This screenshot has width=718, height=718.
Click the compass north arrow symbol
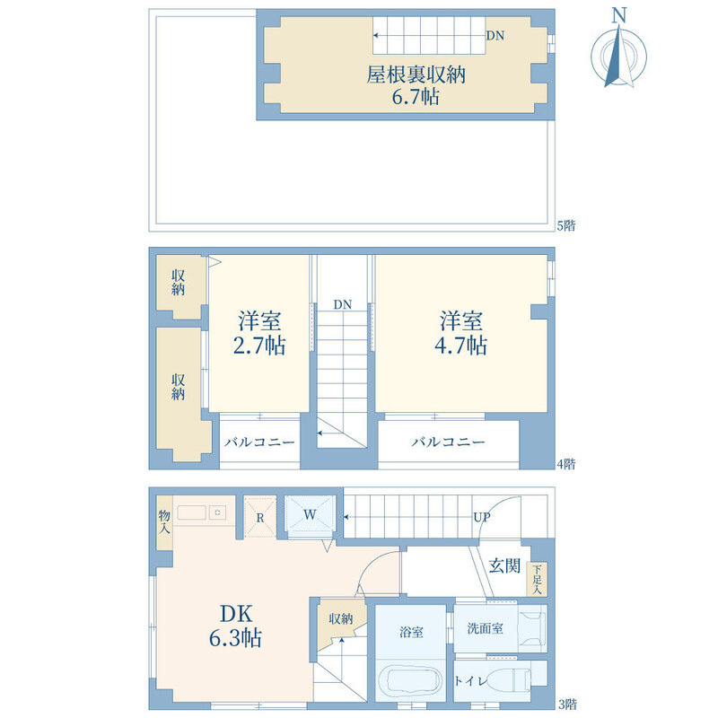(618, 55)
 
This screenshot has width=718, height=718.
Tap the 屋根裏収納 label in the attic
(416, 75)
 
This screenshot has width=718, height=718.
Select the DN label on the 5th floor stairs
(495, 36)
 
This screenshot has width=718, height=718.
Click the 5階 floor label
(566, 226)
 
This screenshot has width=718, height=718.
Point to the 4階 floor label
(566, 464)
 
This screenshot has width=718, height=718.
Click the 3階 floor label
(567, 704)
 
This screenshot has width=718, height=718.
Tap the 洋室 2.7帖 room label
(259, 333)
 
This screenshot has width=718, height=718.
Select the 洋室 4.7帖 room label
(460, 333)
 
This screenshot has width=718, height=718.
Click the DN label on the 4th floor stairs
(343, 304)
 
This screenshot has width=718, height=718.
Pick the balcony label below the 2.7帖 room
(259, 442)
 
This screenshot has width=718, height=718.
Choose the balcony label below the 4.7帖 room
(448, 442)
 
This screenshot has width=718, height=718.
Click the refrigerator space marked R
(260, 517)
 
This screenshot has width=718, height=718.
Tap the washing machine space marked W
(310, 514)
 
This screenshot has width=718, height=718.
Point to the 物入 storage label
(164, 522)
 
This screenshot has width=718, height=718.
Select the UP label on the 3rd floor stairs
(482, 518)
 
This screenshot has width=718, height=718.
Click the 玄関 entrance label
(504, 566)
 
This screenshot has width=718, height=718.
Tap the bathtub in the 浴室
(411, 681)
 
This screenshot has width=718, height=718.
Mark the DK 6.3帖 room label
(235, 626)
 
